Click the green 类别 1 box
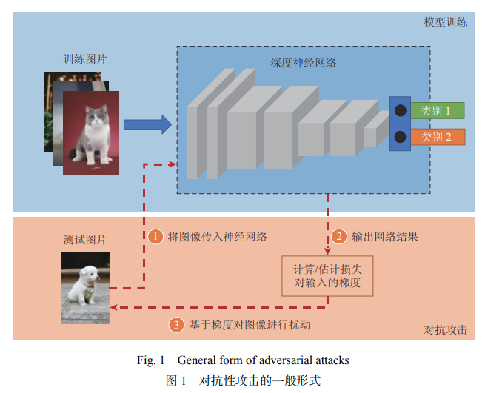[438, 111]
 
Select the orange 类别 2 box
[438, 137]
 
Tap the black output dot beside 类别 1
[400, 111]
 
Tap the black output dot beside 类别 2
[400, 137]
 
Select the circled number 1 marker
[155, 237]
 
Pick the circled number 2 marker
[338, 237]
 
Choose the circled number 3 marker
[176, 324]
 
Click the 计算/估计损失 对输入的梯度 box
[327, 275]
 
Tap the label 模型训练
[445, 22]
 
